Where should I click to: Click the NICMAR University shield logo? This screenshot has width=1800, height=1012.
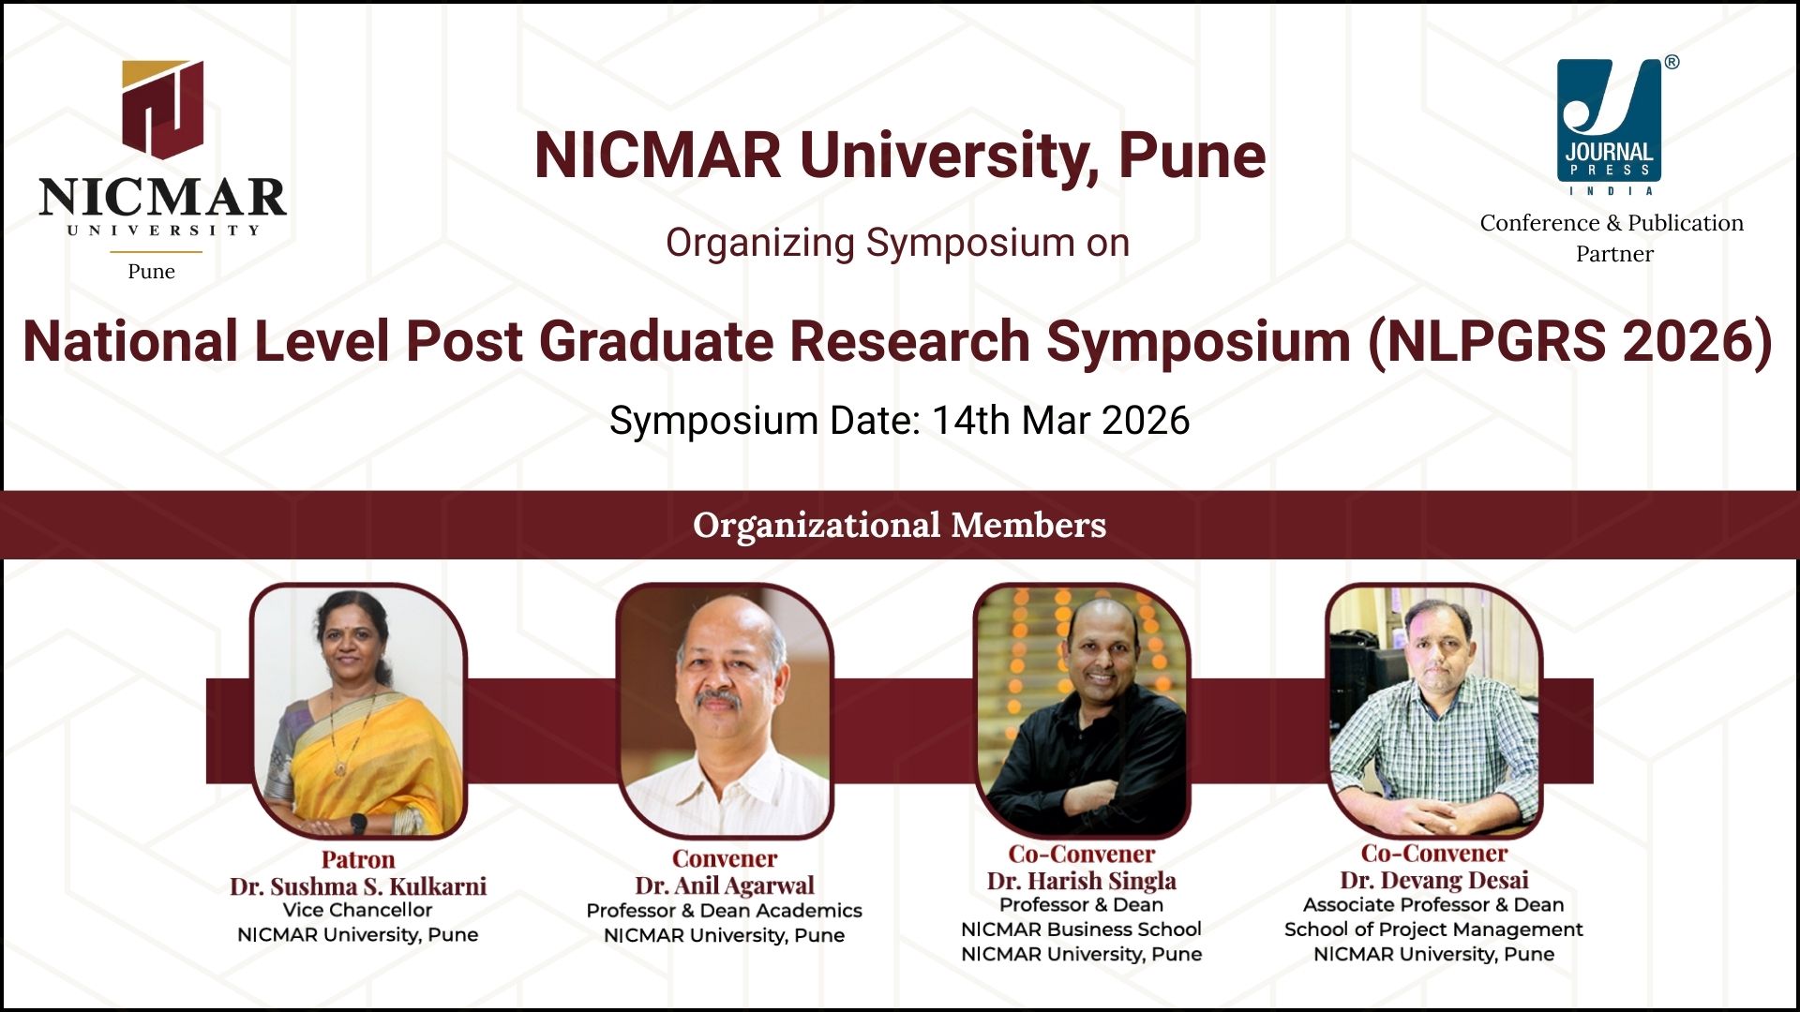(162, 109)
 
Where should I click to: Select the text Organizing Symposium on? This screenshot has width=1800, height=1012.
(898, 243)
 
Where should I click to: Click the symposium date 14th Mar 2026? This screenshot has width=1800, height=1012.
(1060, 420)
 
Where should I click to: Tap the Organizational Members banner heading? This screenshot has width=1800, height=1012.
(900, 525)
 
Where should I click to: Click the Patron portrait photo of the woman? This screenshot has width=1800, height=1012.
(358, 710)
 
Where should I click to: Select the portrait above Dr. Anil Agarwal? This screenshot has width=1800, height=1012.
(725, 710)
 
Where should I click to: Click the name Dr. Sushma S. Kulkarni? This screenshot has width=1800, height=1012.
(358, 885)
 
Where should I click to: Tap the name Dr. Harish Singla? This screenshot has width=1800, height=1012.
(1082, 880)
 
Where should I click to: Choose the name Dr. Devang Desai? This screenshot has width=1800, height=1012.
(1434, 880)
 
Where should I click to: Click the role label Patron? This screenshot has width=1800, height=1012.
(358, 859)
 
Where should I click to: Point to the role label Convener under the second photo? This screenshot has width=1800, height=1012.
(725, 858)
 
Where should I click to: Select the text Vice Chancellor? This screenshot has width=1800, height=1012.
(358, 910)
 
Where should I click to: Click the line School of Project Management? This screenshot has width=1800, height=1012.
(1433, 930)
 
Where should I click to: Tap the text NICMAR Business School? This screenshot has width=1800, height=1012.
(1082, 930)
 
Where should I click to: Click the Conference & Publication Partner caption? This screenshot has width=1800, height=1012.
(1612, 238)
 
